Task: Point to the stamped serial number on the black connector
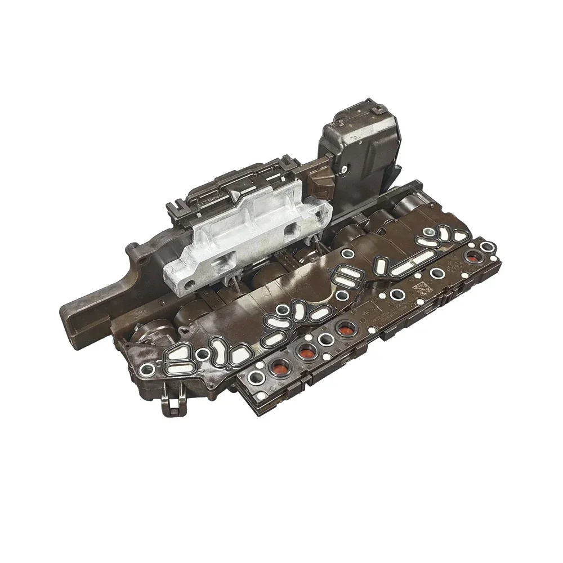pyautogui.click(x=207, y=196)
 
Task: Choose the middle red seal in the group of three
pyautogui.click(x=306, y=354)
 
